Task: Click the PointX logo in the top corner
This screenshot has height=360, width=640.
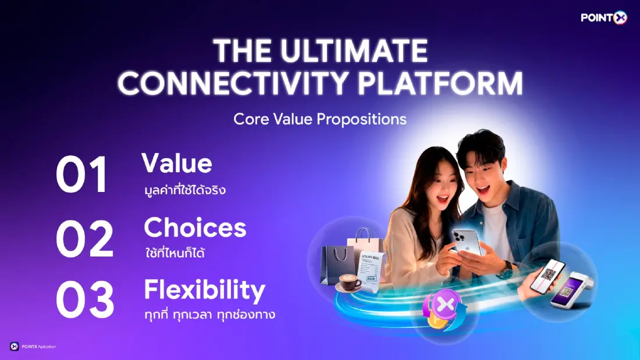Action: tap(603, 18)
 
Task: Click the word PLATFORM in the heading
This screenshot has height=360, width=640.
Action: tap(440, 84)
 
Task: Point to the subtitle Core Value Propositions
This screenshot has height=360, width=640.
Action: tap(319, 119)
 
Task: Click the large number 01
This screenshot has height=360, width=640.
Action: tap(82, 175)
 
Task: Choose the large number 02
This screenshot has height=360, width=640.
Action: tap(84, 239)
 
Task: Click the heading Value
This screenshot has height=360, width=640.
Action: tap(177, 164)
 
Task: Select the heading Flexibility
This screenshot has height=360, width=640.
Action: tap(204, 290)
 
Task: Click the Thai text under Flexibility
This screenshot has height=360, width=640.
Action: tap(209, 315)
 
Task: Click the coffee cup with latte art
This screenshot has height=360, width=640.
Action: tap(349, 282)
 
